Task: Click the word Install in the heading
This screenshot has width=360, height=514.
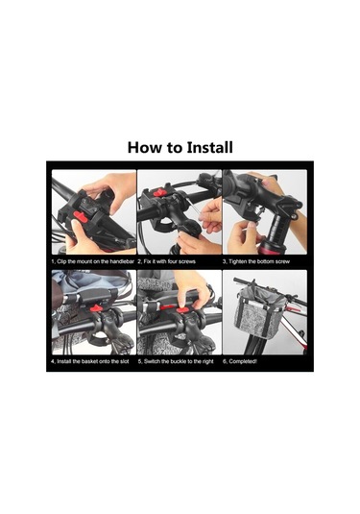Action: click(210, 148)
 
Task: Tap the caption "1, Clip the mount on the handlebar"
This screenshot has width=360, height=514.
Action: click(93, 261)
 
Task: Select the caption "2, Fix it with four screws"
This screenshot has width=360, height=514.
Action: click(166, 261)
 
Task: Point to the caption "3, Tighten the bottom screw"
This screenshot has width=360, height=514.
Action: click(256, 261)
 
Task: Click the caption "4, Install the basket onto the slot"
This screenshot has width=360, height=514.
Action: click(90, 361)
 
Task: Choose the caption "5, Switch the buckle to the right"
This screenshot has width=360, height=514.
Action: click(176, 361)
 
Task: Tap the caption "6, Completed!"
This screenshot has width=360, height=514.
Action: click(240, 361)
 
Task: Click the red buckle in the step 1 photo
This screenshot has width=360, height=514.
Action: click(81, 217)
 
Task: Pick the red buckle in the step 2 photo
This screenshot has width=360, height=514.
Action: click(158, 192)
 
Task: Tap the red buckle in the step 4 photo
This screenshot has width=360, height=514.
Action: click(96, 307)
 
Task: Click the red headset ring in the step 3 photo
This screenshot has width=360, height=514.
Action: click(272, 248)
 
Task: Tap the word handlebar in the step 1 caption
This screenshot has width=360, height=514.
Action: click(122, 261)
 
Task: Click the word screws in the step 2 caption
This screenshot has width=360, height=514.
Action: click(186, 261)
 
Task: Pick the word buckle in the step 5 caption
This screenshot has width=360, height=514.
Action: click(178, 361)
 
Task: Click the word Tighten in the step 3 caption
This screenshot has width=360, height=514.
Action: click(238, 261)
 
